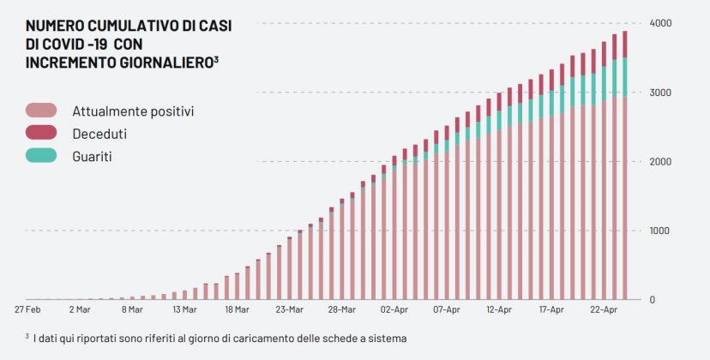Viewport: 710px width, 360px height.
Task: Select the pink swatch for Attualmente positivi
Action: tap(41, 111)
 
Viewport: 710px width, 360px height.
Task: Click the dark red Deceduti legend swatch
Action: tap(41, 133)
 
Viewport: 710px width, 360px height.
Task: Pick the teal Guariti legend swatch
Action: tap(41, 156)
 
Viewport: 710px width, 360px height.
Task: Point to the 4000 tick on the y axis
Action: tap(659, 22)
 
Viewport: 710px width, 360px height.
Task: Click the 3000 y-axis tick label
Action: tap(659, 92)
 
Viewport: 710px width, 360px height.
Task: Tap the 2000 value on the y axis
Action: tap(659, 161)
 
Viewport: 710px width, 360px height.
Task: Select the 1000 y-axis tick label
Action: tap(659, 231)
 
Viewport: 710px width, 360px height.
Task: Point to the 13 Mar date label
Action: tap(184, 309)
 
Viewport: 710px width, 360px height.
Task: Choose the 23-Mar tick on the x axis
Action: tap(290, 309)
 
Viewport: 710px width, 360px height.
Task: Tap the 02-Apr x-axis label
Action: tap(394, 309)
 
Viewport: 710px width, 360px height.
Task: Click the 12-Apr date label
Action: tap(499, 309)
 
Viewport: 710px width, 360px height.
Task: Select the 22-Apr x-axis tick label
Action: tap(605, 309)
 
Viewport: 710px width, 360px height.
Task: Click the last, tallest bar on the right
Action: tap(625, 171)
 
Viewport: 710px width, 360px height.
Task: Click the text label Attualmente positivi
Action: tap(133, 111)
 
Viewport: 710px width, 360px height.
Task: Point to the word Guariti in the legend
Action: tap(92, 156)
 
